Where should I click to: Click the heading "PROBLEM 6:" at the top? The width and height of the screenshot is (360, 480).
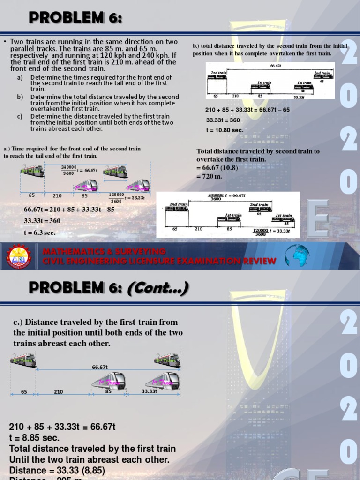75,18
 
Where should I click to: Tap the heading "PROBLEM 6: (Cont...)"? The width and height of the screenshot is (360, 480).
109,287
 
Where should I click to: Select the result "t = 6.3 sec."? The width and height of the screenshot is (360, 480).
40,232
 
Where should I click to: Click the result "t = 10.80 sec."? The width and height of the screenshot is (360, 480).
225,130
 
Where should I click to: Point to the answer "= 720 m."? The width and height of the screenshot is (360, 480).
210,176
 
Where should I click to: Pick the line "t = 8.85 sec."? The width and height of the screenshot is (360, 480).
34,438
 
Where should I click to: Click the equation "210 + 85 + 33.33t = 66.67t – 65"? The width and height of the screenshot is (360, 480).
247,110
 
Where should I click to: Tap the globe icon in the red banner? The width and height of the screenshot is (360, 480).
297,255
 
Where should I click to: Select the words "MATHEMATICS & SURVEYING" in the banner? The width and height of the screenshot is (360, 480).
104,252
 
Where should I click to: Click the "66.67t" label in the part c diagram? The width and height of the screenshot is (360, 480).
100,367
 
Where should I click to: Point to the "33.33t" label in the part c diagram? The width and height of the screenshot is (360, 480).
150,391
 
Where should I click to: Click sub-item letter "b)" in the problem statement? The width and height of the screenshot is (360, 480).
20,97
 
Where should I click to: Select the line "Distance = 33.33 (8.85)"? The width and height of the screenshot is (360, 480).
57,470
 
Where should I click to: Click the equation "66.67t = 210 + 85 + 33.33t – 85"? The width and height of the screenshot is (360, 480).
69,209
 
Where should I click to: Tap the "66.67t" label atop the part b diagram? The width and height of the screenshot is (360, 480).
276,66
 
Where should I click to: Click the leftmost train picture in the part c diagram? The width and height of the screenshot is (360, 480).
23,360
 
